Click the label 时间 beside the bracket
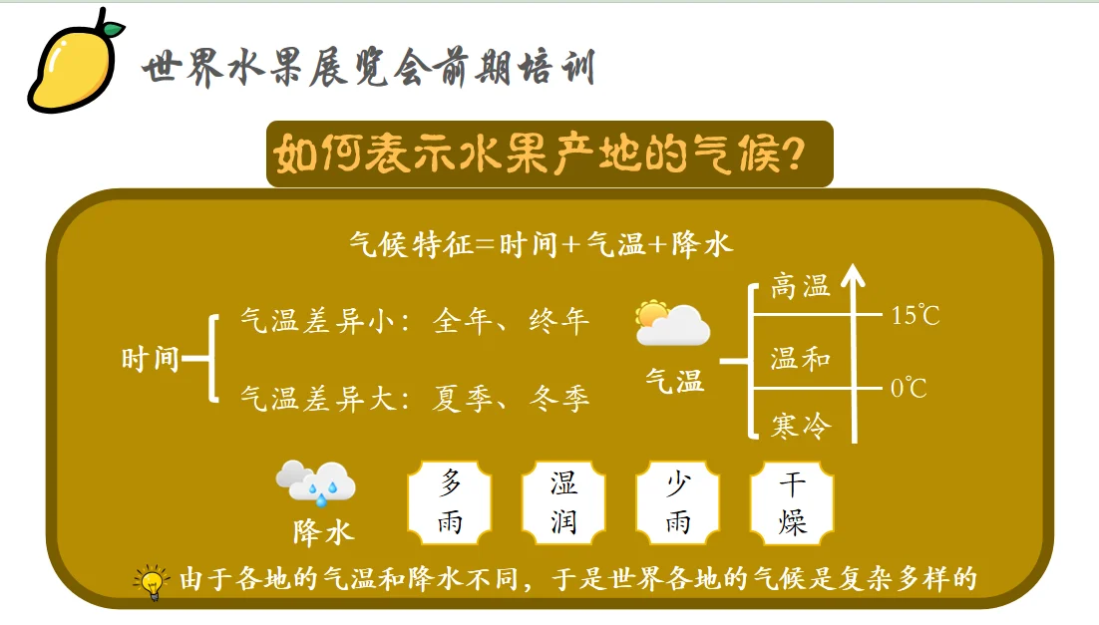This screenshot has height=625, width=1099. [x=150, y=359]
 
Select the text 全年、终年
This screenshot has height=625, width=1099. [x=512, y=321]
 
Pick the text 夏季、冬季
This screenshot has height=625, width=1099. [x=512, y=400]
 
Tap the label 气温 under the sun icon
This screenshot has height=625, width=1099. [x=674, y=380]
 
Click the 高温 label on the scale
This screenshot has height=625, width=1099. [x=800, y=288]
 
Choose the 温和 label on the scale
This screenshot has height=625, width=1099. [x=800, y=359]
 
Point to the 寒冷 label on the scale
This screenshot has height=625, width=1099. [x=800, y=427]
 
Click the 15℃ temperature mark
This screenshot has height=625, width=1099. [x=916, y=317]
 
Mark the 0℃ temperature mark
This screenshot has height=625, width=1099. [x=909, y=388]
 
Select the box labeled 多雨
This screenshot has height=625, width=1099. [x=451, y=502]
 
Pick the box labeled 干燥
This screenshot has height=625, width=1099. [x=793, y=502]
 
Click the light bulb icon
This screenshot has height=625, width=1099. [x=151, y=582]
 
